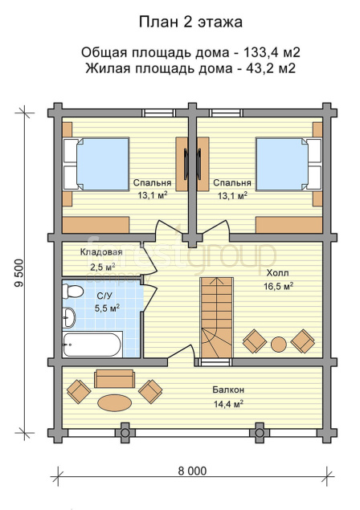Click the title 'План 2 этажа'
point(190,22)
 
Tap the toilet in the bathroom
point(72,291)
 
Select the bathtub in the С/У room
point(92,345)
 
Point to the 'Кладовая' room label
point(101,252)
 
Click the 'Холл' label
point(277,272)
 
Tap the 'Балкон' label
point(228,390)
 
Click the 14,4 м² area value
point(228,404)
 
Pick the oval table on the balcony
point(115,403)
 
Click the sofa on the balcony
point(115,378)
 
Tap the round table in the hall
point(279,344)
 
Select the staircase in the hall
point(217,317)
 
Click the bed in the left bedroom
point(96,164)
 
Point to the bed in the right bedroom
point(288,164)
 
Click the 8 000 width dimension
point(192,471)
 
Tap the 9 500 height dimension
point(20,272)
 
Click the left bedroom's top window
point(159,113)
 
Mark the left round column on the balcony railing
point(125,433)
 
